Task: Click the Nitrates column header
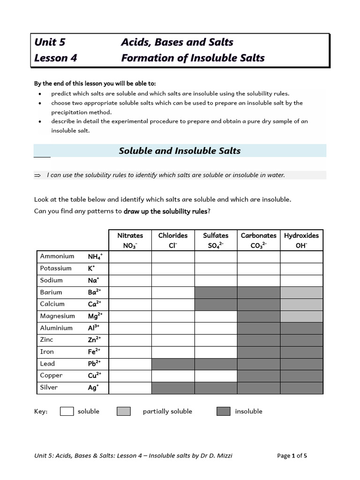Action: pos(130,240)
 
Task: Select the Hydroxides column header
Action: pos(301,240)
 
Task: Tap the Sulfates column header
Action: pos(216,240)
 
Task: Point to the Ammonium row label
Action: pos(57,256)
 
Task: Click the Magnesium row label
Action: pos(58,316)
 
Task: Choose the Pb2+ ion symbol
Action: pos(94,363)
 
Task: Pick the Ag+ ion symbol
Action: pos(92,387)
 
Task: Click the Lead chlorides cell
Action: pos(173,364)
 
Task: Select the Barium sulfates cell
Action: pos(216,292)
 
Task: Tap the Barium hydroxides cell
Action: pos(301,292)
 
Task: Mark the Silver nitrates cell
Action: pos(130,388)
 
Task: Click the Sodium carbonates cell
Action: pos(259,280)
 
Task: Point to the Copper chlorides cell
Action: pos(173,375)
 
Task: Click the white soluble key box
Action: pos(67,411)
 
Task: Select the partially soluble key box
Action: pos(124,411)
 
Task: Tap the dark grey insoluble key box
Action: pos(224,411)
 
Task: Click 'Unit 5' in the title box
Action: pos(50,42)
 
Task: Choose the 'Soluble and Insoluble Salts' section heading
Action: pos(180,151)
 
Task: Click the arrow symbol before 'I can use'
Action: pos(38,175)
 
